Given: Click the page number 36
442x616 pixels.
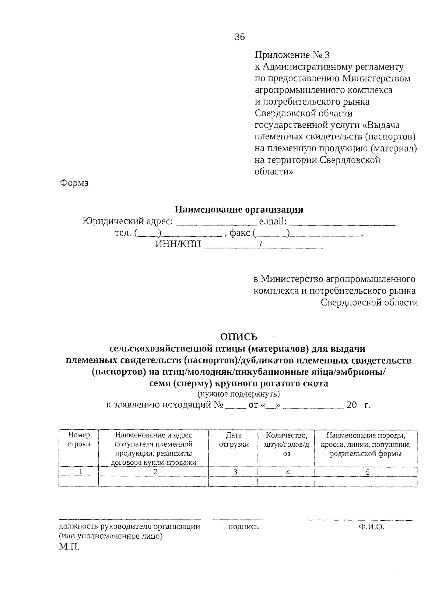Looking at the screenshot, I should click(x=239, y=37).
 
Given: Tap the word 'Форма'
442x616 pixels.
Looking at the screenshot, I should click(x=74, y=183).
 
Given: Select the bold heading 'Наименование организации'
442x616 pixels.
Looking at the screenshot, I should click(x=239, y=209).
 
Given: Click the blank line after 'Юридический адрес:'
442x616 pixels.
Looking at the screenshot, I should click(x=216, y=223).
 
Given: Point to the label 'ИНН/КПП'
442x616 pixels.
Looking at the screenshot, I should click(x=178, y=244).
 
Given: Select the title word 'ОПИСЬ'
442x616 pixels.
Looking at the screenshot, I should click(x=238, y=337).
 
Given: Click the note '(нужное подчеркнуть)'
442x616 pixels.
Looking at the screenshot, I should click(x=238, y=394).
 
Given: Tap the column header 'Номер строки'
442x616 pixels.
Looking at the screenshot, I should click(x=79, y=440).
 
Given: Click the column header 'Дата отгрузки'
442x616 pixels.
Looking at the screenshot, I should click(x=234, y=440).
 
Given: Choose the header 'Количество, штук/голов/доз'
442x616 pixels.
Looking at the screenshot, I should click(x=287, y=445).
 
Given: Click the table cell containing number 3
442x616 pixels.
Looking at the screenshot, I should click(x=234, y=472).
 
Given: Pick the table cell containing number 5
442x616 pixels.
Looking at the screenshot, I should click(x=367, y=472).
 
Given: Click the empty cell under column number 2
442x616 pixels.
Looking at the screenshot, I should click(x=154, y=481).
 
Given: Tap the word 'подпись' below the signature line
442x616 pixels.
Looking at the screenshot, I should click(x=243, y=527).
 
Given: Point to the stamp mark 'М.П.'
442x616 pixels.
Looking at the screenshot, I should click(x=69, y=547).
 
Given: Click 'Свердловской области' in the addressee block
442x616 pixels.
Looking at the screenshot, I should click(x=369, y=302).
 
